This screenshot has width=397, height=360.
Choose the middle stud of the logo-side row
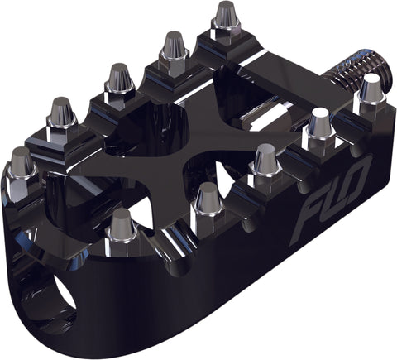pos(265,161)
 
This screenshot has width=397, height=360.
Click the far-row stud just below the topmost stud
pos(174,50)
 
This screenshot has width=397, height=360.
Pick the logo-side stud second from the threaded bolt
pos(318,129)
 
